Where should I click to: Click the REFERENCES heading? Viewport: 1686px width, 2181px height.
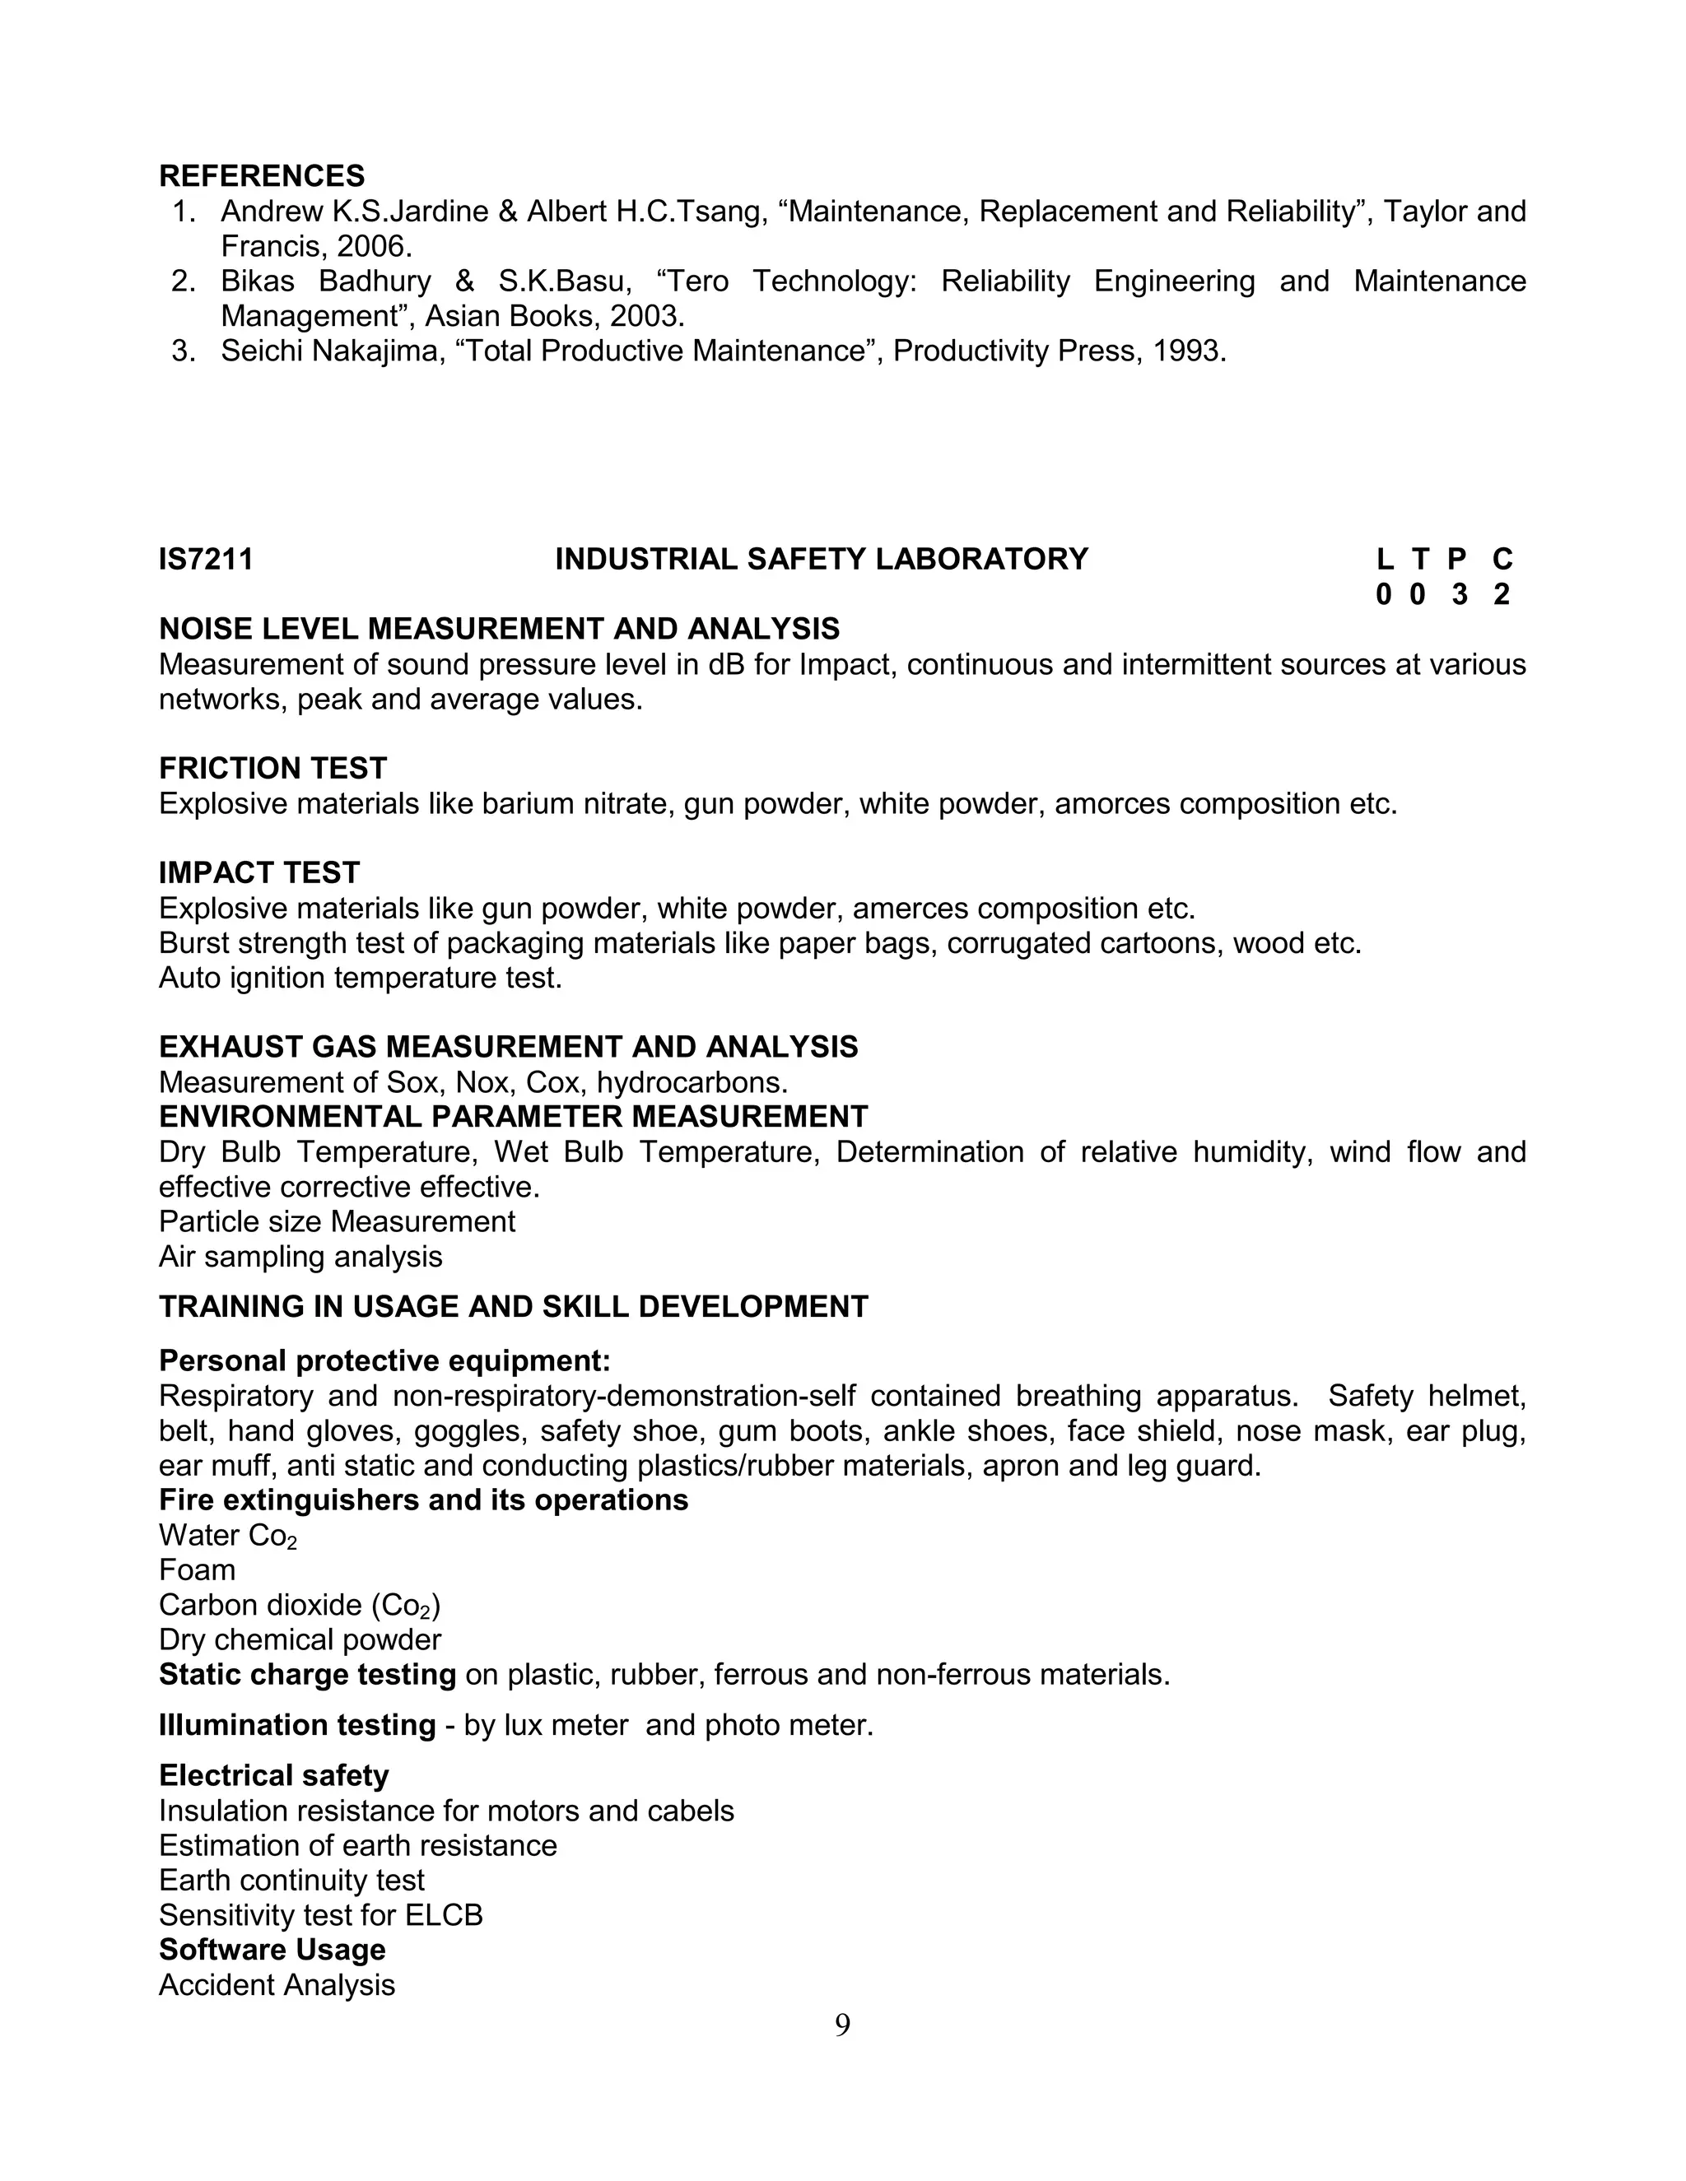click(262, 176)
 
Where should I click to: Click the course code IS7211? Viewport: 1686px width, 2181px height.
click(206, 559)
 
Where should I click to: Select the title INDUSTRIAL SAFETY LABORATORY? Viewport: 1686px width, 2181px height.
click(821, 559)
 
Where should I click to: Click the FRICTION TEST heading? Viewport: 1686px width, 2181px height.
click(272, 769)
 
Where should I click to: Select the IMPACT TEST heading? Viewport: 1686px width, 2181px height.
click(258, 872)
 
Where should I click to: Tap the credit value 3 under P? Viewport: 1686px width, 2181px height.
click(1460, 595)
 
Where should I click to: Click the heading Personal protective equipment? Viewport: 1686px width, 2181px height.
click(384, 1361)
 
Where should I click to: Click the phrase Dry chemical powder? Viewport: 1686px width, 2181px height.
click(300, 1639)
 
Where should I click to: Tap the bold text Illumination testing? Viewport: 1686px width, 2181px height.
click(296, 1726)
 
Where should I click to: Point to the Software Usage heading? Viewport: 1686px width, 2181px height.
click(272, 1951)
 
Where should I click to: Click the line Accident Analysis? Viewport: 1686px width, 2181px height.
click(277, 1985)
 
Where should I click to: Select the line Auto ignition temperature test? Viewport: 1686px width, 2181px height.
click(361, 978)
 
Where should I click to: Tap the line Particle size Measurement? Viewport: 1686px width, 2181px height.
click(337, 1221)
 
